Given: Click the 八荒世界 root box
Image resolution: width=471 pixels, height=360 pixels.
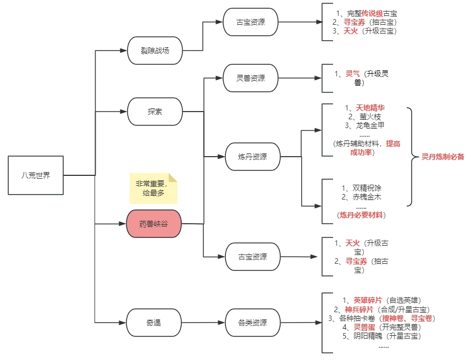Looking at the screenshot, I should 36,175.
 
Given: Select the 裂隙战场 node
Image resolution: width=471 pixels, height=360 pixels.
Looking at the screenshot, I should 154,51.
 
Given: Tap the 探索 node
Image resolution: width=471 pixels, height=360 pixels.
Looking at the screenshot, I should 154,112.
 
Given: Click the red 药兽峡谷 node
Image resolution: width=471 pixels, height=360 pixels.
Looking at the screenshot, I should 153,224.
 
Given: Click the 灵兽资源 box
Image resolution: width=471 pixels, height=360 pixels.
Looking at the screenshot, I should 250,78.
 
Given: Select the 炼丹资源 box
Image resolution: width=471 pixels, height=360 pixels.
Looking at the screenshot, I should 253,157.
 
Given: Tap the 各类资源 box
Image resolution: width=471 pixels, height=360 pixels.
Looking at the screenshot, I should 252,323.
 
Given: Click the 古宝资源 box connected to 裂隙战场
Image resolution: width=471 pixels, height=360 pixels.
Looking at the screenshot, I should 250,23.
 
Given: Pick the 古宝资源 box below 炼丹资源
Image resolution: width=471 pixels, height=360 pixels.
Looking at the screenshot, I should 252,257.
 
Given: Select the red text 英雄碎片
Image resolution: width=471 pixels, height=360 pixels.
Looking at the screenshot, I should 369,300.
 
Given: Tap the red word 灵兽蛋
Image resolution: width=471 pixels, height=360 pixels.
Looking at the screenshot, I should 364,327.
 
